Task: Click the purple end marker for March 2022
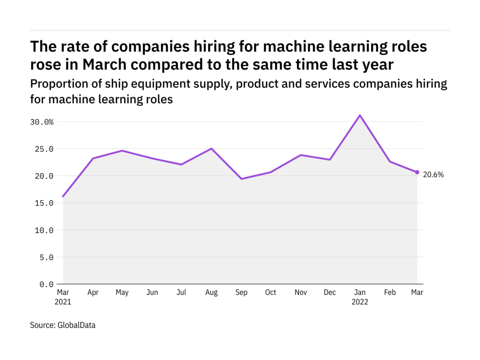[417, 172]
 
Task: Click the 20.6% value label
[433, 174]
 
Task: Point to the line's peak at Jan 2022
[360, 115]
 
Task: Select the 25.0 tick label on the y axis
[44, 149]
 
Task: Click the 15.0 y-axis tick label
[44, 203]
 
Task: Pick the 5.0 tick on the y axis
[46, 257]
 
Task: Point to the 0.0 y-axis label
[46, 284]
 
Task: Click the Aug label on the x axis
[211, 292]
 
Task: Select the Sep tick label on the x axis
[241, 292]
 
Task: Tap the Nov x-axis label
[301, 292]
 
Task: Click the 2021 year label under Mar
[63, 301]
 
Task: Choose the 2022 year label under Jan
[360, 301]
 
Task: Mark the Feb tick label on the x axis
[390, 292]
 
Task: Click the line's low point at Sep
[241, 179]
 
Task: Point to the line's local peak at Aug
[211, 149]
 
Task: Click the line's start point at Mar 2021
[63, 197]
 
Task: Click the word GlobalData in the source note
[76, 325]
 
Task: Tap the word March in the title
[106, 64]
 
